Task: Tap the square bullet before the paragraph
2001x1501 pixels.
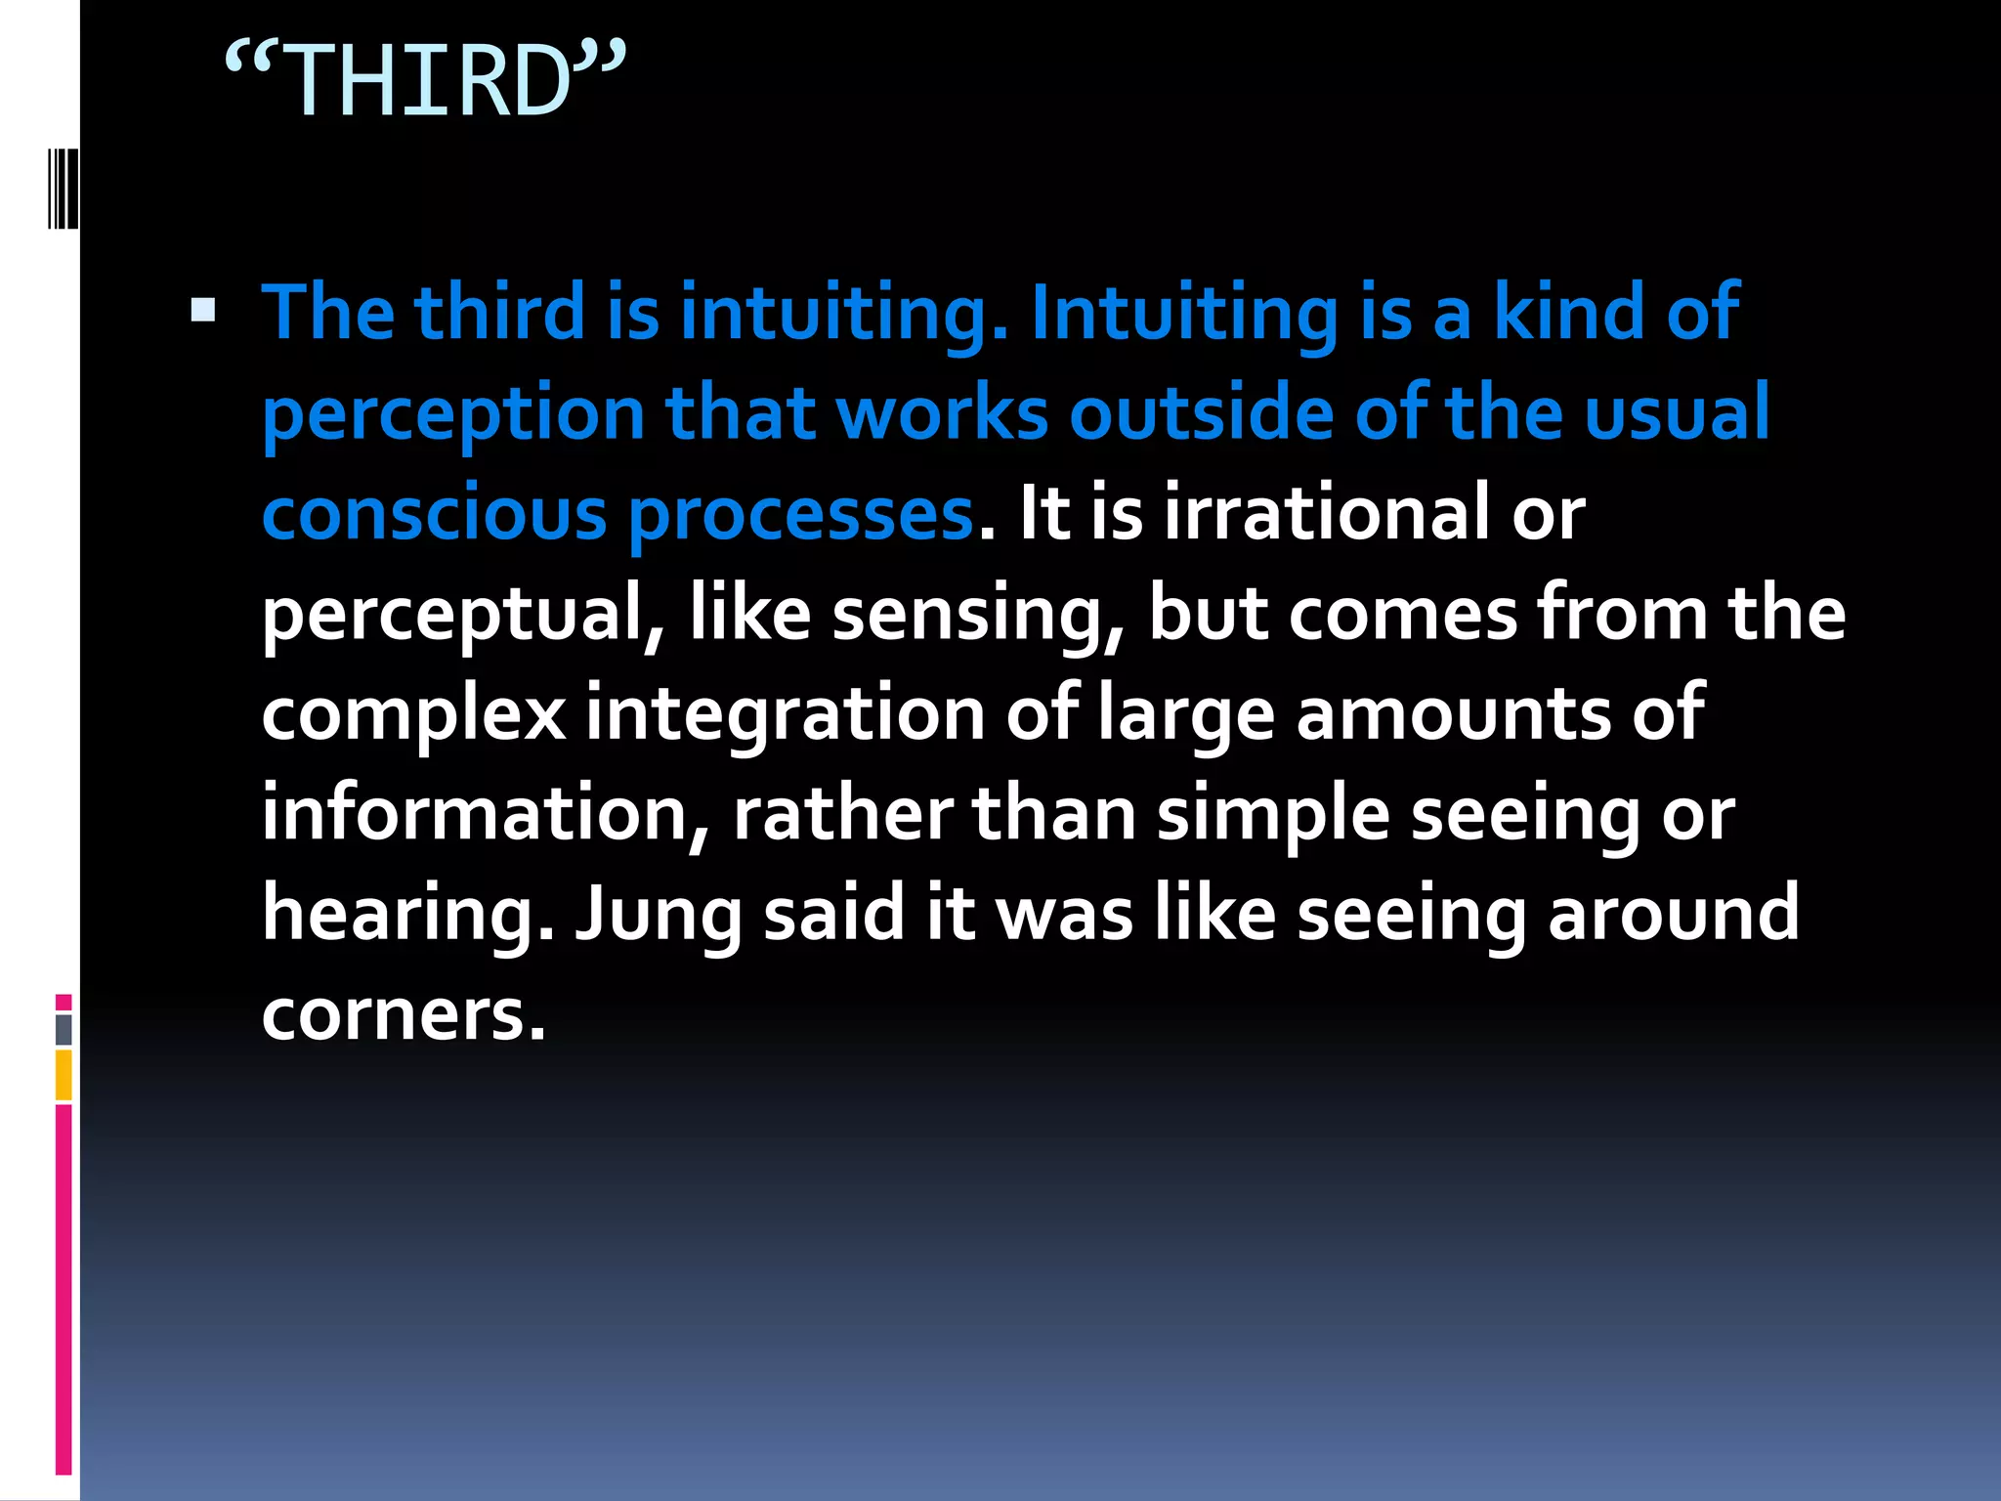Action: [203, 311]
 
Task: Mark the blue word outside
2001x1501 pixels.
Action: [1201, 412]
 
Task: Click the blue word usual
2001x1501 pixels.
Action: [1677, 412]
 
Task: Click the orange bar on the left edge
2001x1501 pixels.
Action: [64, 1075]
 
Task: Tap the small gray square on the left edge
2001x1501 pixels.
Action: [64, 1029]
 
